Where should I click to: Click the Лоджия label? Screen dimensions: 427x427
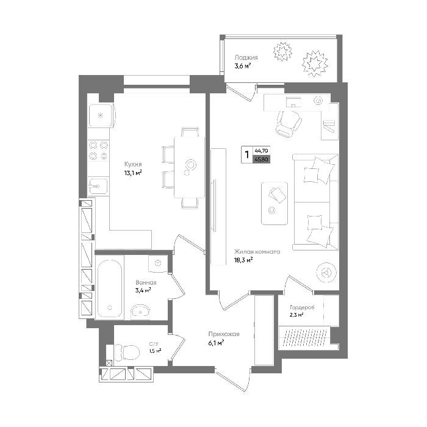[246, 57]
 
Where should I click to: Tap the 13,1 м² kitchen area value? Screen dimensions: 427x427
[133, 173]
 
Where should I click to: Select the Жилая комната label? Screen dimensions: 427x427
[257, 251]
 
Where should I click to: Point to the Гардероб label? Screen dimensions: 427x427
[302, 307]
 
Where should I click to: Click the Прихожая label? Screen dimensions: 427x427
[224, 334]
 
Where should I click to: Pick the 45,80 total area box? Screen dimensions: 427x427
[262, 159]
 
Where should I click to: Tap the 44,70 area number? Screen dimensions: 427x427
[262, 150]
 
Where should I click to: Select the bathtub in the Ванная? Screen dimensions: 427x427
[109, 289]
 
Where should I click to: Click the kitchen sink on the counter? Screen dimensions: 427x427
[98, 186]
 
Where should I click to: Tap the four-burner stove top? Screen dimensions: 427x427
[99, 150]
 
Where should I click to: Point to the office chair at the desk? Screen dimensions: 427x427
[288, 124]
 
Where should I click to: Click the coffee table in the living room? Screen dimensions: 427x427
[274, 203]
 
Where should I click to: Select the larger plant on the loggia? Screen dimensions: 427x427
[314, 64]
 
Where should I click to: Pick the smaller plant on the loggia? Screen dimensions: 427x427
[282, 51]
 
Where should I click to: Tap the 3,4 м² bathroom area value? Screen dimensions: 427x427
[143, 290]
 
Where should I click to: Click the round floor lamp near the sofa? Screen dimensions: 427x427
[326, 272]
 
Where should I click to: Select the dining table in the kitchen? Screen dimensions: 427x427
[189, 167]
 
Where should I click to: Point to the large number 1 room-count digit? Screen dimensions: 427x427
[247, 155]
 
